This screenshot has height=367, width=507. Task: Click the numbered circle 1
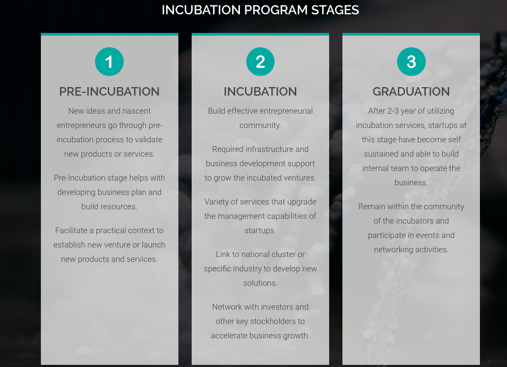tap(109, 62)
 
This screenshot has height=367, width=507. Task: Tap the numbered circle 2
tap(260, 62)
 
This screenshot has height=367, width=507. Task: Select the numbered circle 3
tap(411, 62)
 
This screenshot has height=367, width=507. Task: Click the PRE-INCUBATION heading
tap(109, 91)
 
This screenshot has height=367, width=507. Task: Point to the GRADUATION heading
tap(411, 91)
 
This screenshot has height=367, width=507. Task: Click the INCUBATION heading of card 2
tap(260, 91)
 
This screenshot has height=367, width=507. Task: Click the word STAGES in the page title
tap(336, 10)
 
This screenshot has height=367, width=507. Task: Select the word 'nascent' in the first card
tap(137, 111)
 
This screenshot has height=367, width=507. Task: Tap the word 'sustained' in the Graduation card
tap(381, 154)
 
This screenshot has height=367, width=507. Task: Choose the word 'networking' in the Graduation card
tap(394, 250)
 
